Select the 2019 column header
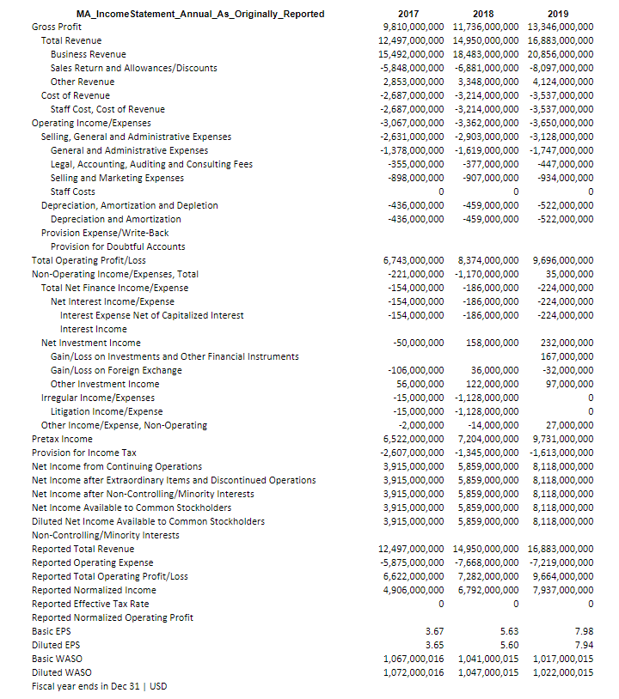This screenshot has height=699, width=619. [x=558, y=14]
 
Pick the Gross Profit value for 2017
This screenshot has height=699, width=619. [x=412, y=27]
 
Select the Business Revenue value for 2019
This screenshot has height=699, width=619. [x=561, y=54]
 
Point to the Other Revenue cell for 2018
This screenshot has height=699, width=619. [x=486, y=82]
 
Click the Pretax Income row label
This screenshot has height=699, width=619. [x=62, y=439]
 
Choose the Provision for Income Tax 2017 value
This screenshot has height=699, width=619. [x=412, y=453]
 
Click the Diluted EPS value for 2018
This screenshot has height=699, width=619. [x=509, y=645]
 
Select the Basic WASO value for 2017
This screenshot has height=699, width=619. [x=412, y=659]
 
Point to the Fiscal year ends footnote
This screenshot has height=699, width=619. [x=99, y=686]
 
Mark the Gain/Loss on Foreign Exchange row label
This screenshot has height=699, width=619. [x=116, y=370]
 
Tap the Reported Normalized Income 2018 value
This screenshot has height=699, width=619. [x=486, y=590]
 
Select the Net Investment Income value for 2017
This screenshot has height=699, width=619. [x=417, y=343]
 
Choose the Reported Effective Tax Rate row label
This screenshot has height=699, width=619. [x=90, y=604]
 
